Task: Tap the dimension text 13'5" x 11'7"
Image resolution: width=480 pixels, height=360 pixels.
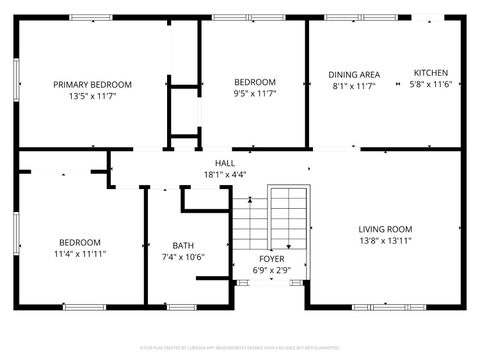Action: coord(93,97)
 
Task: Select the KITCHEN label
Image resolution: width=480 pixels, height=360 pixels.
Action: coord(431,73)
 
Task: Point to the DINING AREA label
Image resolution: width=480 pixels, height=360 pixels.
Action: coord(354,74)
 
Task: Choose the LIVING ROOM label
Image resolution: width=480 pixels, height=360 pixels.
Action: coord(385,228)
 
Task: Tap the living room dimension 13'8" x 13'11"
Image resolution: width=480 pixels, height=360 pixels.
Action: coord(385,240)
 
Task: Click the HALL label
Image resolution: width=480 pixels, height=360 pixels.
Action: coord(225,162)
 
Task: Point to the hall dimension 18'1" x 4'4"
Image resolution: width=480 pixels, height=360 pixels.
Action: coord(225,174)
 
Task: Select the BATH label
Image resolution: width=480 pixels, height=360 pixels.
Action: coord(183,245)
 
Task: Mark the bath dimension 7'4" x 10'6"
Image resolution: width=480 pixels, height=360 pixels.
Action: coord(183,257)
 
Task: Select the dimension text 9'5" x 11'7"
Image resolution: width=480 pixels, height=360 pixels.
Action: coord(254,94)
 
